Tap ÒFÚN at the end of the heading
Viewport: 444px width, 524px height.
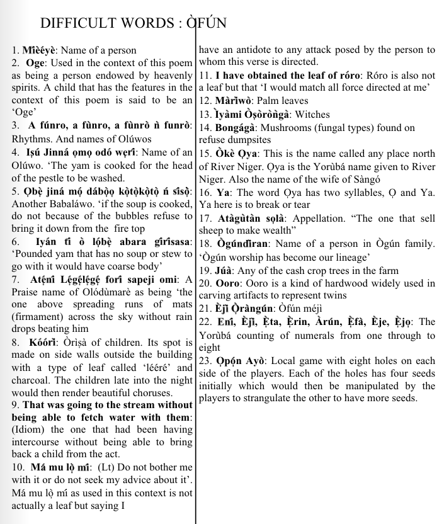(x=202, y=23)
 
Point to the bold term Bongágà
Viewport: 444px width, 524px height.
(x=236, y=127)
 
